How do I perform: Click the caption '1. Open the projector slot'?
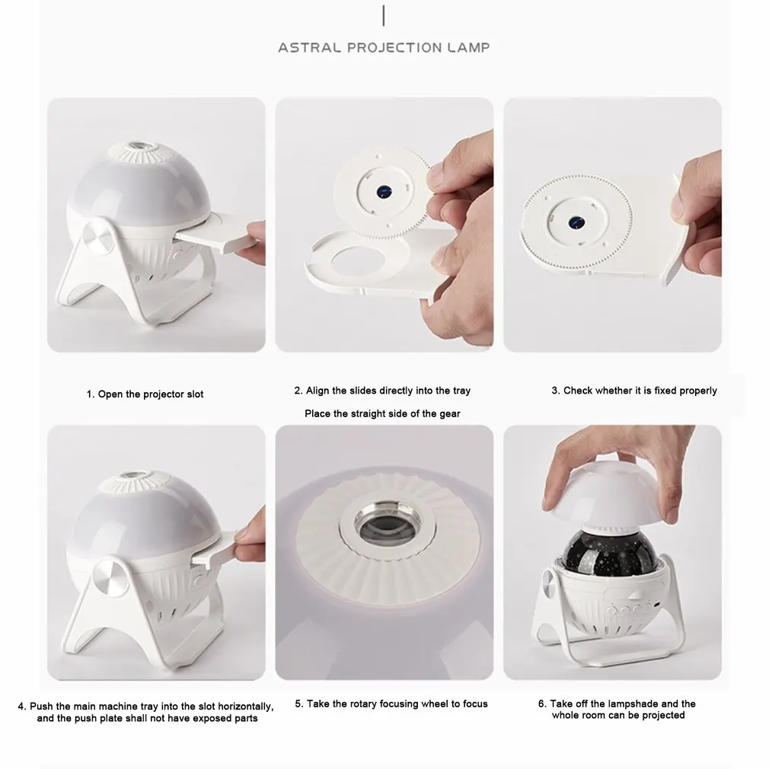pyautogui.click(x=145, y=394)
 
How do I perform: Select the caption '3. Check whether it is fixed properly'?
pyautogui.click(x=634, y=391)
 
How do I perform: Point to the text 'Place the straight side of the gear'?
pyautogui.click(x=382, y=414)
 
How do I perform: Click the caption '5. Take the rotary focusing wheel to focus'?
pyautogui.click(x=391, y=704)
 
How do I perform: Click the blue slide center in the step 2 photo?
pyautogui.click(x=384, y=192)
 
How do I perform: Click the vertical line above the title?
pyautogui.click(x=384, y=16)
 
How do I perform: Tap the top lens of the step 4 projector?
pyautogui.click(x=130, y=477)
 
